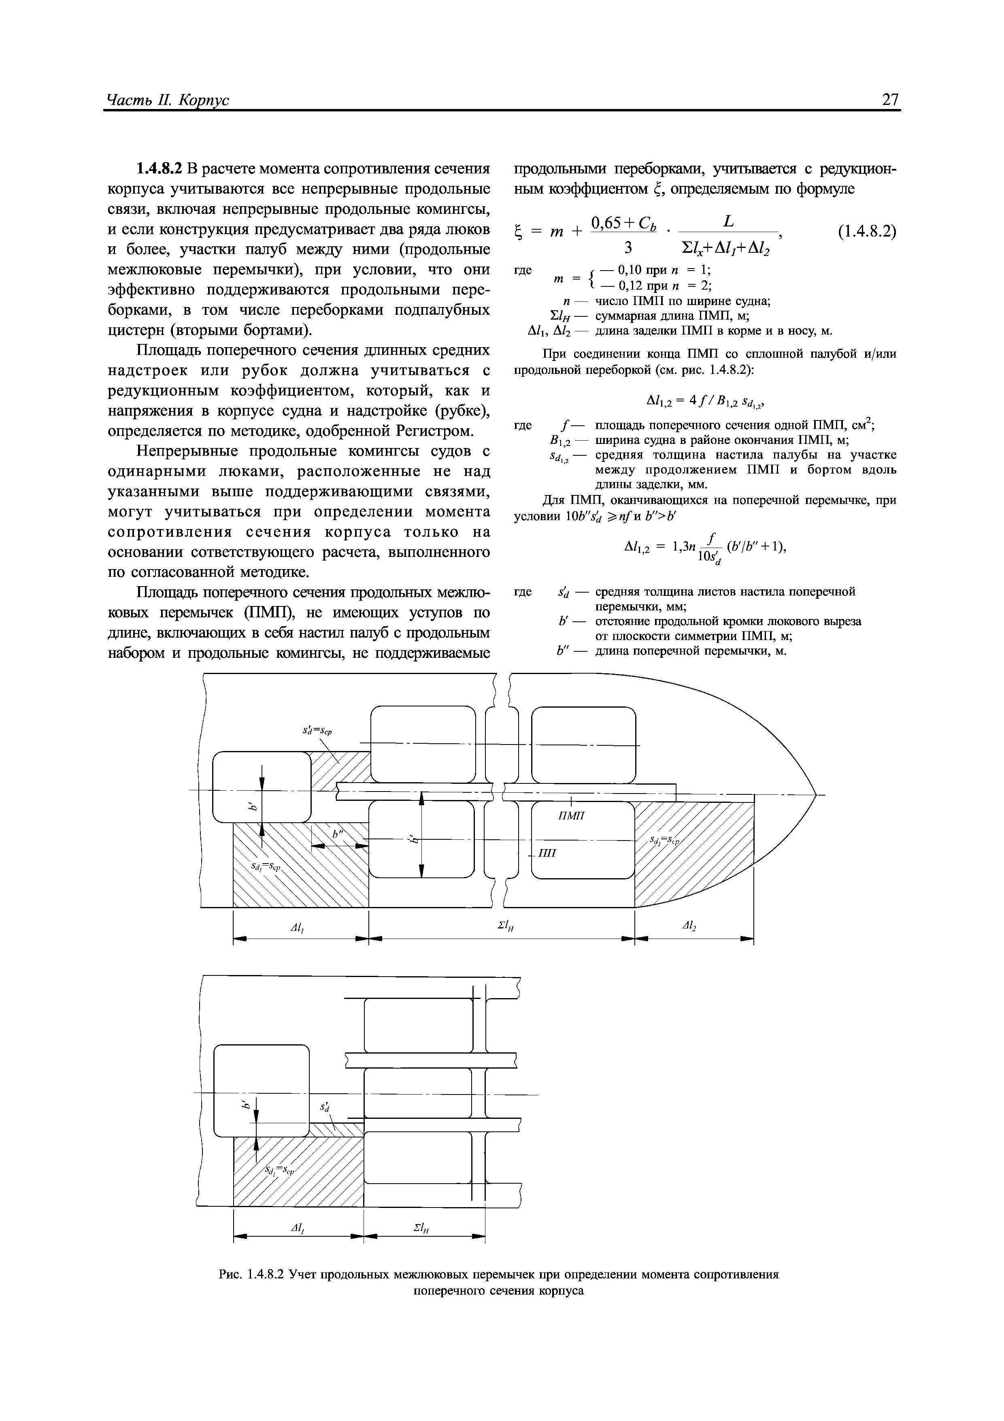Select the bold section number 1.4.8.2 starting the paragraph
[160, 169]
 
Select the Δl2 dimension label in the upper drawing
[690, 926]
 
